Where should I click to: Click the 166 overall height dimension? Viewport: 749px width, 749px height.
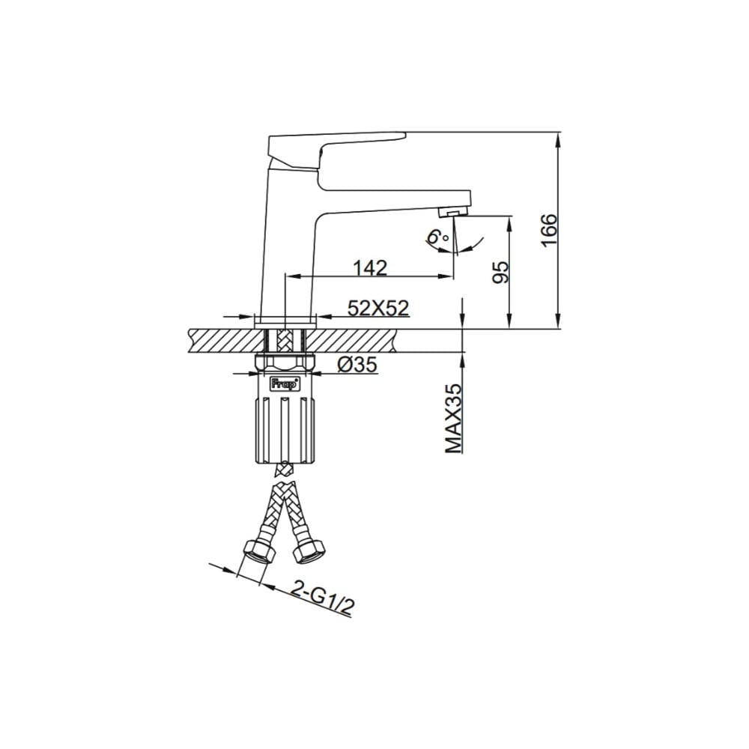tap(549, 230)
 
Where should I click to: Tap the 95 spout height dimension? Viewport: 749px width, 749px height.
tap(500, 273)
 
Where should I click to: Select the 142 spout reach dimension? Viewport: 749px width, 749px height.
tap(370, 268)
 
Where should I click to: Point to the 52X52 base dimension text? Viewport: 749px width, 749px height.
tap(378, 308)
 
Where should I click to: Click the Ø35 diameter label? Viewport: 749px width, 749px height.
tap(357, 366)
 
